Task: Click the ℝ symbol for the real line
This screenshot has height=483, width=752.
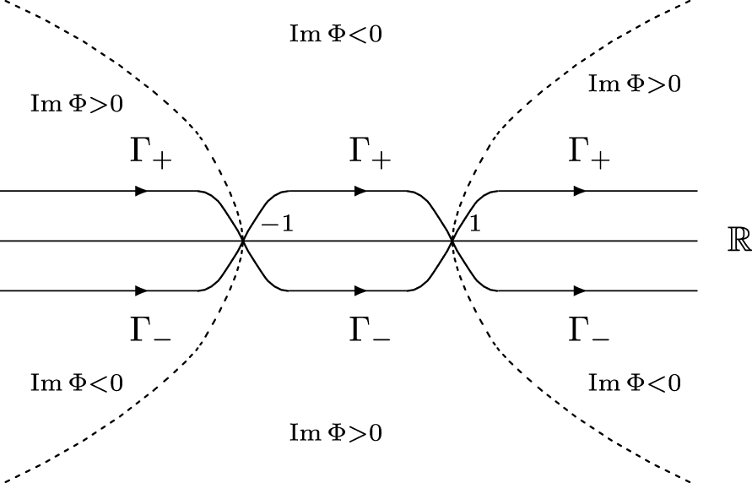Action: pyautogui.click(x=738, y=240)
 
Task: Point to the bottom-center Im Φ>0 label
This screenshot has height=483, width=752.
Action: pyautogui.click(x=336, y=433)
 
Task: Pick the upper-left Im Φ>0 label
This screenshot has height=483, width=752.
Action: pyautogui.click(x=77, y=104)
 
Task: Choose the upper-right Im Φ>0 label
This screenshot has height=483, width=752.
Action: pyautogui.click(x=634, y=83)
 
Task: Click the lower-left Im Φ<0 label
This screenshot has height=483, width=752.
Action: pyautogui.click(x=77, y=383)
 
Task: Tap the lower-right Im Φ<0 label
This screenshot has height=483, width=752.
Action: pyautogui.click(x=634, y=383)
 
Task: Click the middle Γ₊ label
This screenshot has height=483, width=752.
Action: pyautogui.click(x=371, y=155)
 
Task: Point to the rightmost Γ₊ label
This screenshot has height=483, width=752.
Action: pyautogui.click(x=588, y=155)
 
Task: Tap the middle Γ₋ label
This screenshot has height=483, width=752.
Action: pyautogui.click(x=371, y=329)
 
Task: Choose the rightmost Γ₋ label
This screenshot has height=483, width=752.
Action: pyautogui.click(x=588, y=329)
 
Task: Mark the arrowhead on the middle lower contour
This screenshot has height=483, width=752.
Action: pyautogui.click(x=360, y=290)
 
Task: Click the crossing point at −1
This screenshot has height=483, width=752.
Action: pyautogui.click(x=244, y=241)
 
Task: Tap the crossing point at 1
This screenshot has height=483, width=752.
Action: pyautogui.click(x=452, y=241)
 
